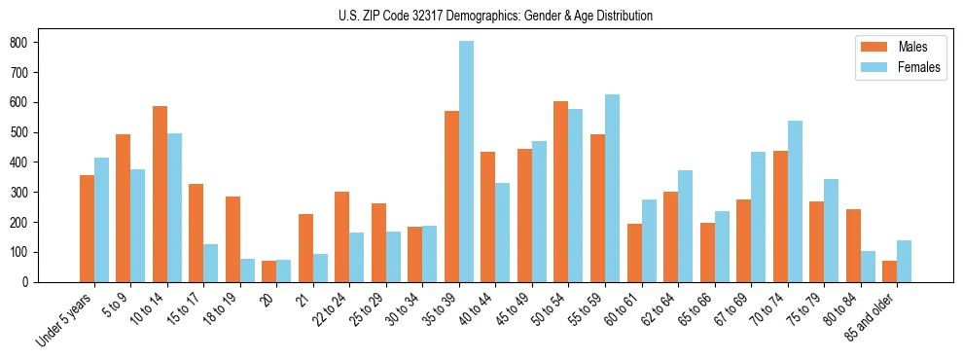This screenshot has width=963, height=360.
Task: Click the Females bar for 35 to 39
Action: [x=467, y=162]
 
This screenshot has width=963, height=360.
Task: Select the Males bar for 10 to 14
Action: [x=160, y=194]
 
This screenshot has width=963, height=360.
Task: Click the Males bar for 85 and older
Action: [x=889, y=271]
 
